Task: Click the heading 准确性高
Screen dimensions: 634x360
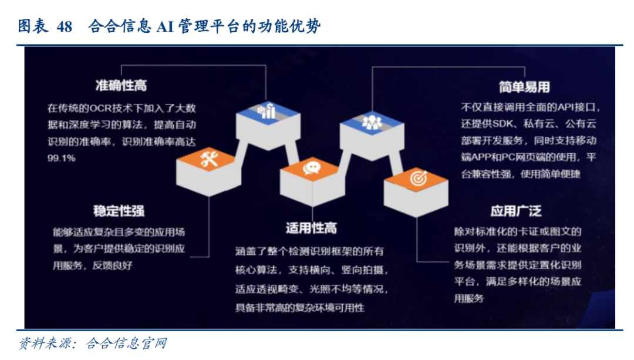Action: [121, 85]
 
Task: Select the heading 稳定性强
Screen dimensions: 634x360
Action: [119, 211]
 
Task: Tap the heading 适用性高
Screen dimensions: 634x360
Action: [311, 228]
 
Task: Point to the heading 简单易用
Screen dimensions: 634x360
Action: [524, 86]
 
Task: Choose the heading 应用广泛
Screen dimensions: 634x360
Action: [516, 211]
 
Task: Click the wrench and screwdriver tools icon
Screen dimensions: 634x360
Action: [210, 159]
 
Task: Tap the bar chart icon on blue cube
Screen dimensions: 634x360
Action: [267, 111]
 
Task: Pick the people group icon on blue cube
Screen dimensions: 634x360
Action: [372, 122]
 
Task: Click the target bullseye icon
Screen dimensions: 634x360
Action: [419, 178]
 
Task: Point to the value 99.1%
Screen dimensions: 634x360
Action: [62, 158]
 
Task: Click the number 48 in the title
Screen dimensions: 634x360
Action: [65, 26]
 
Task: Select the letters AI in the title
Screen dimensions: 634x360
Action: [166, 26]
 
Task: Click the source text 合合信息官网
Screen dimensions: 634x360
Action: [127, 344]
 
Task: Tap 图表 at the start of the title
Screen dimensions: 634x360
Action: [33, 26]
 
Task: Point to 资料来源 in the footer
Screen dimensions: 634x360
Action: [45, 344]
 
